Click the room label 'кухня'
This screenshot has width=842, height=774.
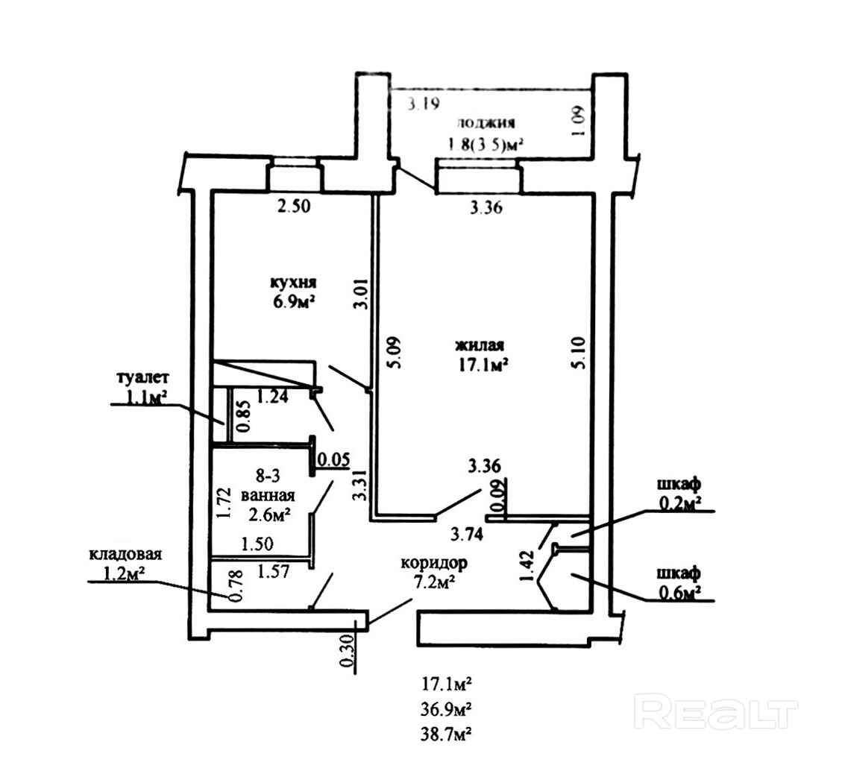coord(294,283)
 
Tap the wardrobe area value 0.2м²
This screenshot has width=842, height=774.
coord(678,504)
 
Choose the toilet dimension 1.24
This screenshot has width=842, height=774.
coord(272,397)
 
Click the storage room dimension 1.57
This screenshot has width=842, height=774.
coord(273,571)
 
